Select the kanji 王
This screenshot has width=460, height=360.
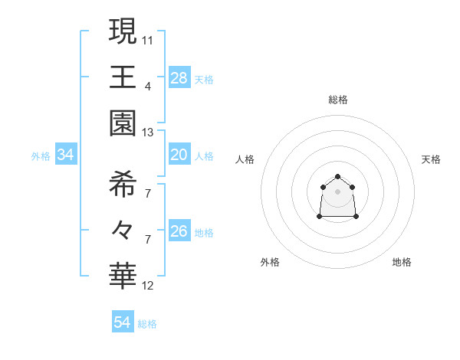click(x=123, y=77)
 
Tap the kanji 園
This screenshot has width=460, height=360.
click(x=123, y=123)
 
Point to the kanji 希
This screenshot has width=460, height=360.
click(x=123, y=184)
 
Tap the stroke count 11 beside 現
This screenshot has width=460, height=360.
click(x=148, y=39)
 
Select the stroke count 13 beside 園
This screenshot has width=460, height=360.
click(x=148, y=133)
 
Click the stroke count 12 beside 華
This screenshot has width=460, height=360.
click(x=148, y=286)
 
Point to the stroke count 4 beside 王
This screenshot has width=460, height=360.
click(x=148, y=86)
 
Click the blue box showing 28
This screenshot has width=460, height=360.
click(x=179, y=77)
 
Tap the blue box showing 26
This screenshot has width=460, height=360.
click(x=179, y=231)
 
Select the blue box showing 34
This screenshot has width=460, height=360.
click(x=66, y=155)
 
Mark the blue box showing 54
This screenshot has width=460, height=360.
click(x=123, y=322)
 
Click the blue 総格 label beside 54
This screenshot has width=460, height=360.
click(x=148, y=324)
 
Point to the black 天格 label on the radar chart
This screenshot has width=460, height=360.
click(x=431, y=159)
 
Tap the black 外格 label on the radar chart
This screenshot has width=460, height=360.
click(x=270, y=262)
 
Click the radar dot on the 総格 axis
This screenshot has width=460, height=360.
click(x=337, y=177)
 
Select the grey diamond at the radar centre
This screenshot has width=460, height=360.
click(x=337, y=191)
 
